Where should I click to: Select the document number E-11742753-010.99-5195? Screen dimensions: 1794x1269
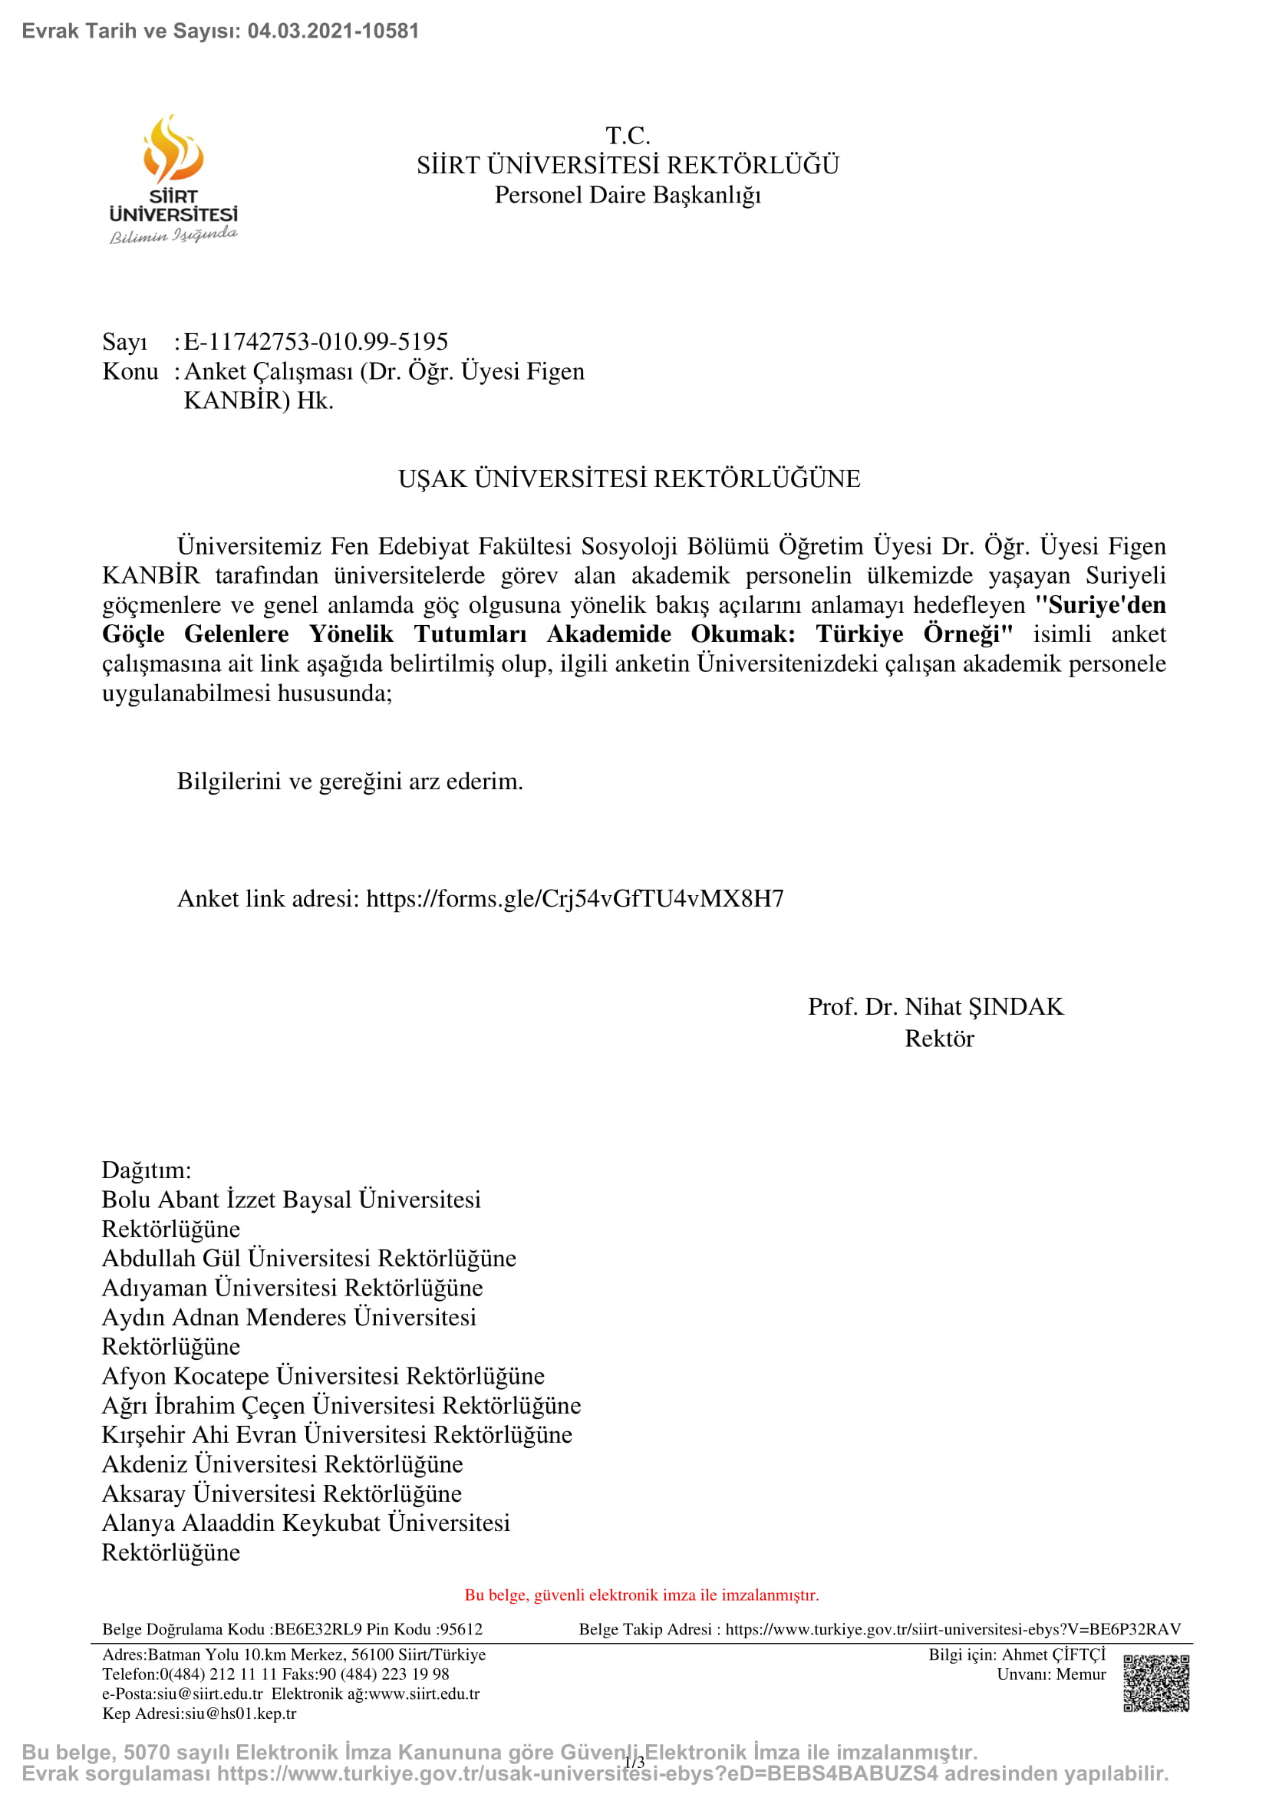click(315, 341)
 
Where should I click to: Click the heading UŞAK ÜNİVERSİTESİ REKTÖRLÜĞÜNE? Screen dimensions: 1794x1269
click(629, 478)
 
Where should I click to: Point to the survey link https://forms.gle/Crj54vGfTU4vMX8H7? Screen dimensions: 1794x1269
click(575, 899)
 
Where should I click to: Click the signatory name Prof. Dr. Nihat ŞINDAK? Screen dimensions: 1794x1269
click(935, 1006)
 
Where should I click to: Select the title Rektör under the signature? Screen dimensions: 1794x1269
click(939, 1039)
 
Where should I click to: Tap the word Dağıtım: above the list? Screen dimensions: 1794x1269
click(147, 1170)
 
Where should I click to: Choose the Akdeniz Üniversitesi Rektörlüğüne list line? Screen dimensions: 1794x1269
click(282, 1463)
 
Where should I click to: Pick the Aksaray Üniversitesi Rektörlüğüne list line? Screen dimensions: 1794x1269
click(282, 1493)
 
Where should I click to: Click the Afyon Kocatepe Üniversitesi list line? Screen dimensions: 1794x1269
click(323, 1375)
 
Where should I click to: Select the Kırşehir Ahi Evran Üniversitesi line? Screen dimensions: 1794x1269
click(337, 1434)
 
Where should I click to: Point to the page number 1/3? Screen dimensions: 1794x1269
click(634, 1762)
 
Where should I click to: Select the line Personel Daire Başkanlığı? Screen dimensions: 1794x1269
click(628, 195)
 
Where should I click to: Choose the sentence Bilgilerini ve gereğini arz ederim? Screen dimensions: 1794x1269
click(349, 782)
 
